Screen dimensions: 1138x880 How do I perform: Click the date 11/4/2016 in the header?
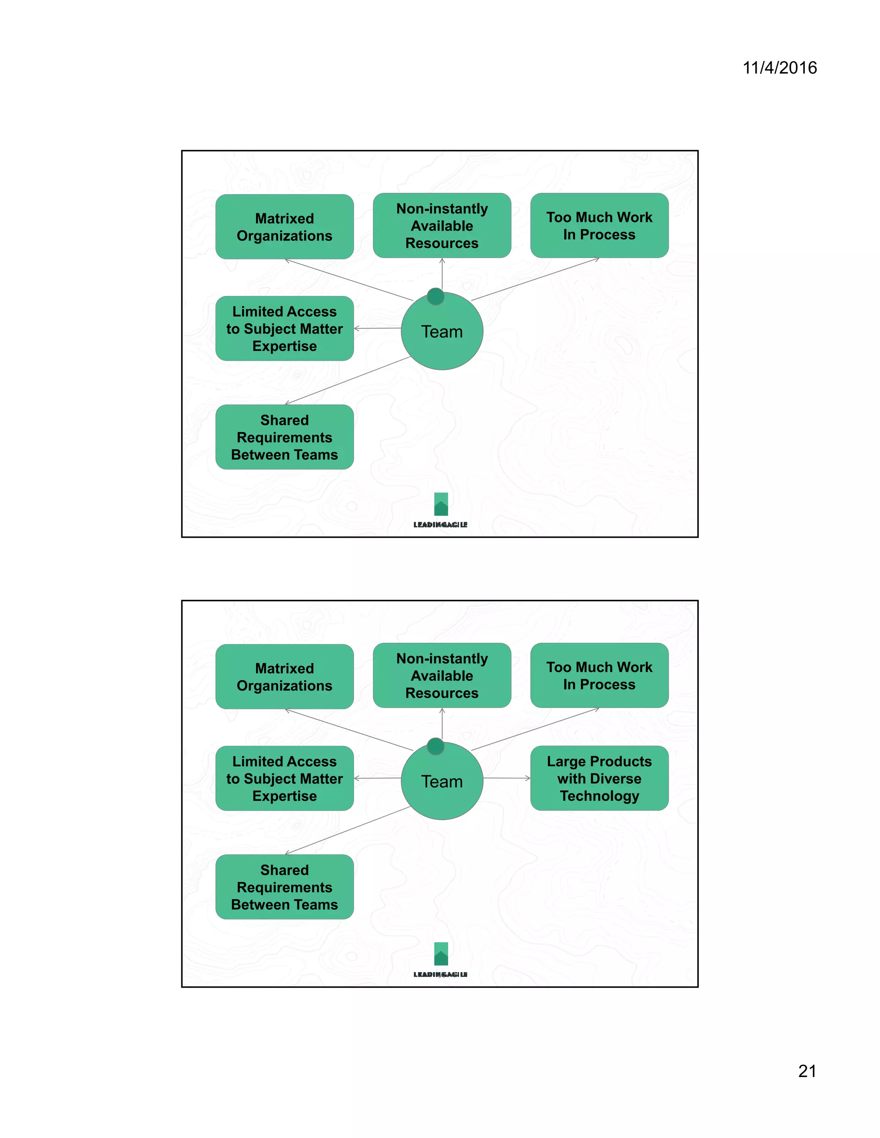(779, 68)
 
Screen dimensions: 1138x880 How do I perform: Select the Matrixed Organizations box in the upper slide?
(284, 227)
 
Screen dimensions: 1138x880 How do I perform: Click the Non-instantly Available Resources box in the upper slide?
(442, 225)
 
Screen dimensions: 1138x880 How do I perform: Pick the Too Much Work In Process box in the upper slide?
(599, 225)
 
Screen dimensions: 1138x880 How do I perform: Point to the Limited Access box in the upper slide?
(284, 328)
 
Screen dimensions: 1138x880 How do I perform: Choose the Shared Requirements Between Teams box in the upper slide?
(284, 437)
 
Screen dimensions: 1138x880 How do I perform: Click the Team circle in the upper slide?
(442, 334)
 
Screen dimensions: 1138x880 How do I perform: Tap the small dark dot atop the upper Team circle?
(435, 296)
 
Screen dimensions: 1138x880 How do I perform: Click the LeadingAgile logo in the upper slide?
(440, 510)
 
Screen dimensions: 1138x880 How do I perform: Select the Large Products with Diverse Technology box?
(599, 778)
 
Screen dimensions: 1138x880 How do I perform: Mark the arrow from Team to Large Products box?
(506, 778)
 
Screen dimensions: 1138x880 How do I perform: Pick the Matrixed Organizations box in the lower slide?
(284, 676)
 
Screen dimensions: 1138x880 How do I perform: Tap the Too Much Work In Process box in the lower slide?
(599, 675)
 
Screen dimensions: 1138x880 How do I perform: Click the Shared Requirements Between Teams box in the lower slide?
(284, 887)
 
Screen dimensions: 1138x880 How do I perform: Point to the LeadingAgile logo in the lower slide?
(440, 960)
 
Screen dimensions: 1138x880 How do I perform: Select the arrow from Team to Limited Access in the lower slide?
(377, 778)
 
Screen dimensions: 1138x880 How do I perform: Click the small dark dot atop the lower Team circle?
(435, 746)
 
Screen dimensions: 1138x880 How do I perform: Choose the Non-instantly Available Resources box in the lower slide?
(442, 675)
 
